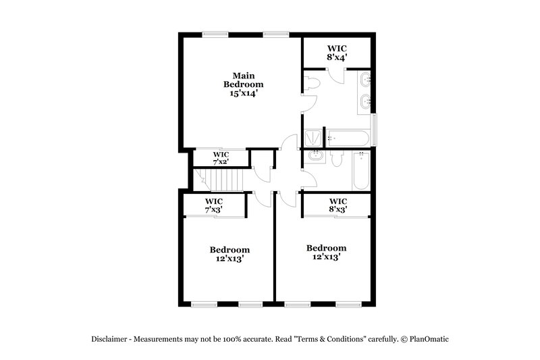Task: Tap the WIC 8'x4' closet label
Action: pos(337,53)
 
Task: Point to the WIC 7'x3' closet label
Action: pos(214,205)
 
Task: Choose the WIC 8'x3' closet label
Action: pos(337,205)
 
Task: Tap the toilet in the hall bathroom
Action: pos(337,158)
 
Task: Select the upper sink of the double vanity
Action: pos(365,80)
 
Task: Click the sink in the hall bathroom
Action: pos(314,157)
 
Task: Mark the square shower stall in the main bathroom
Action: pos(313,138)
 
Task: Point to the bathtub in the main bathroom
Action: pos(348,138)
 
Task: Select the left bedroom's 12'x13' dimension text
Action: pos(229,258)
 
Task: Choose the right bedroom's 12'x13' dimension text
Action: pos(326,257)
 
